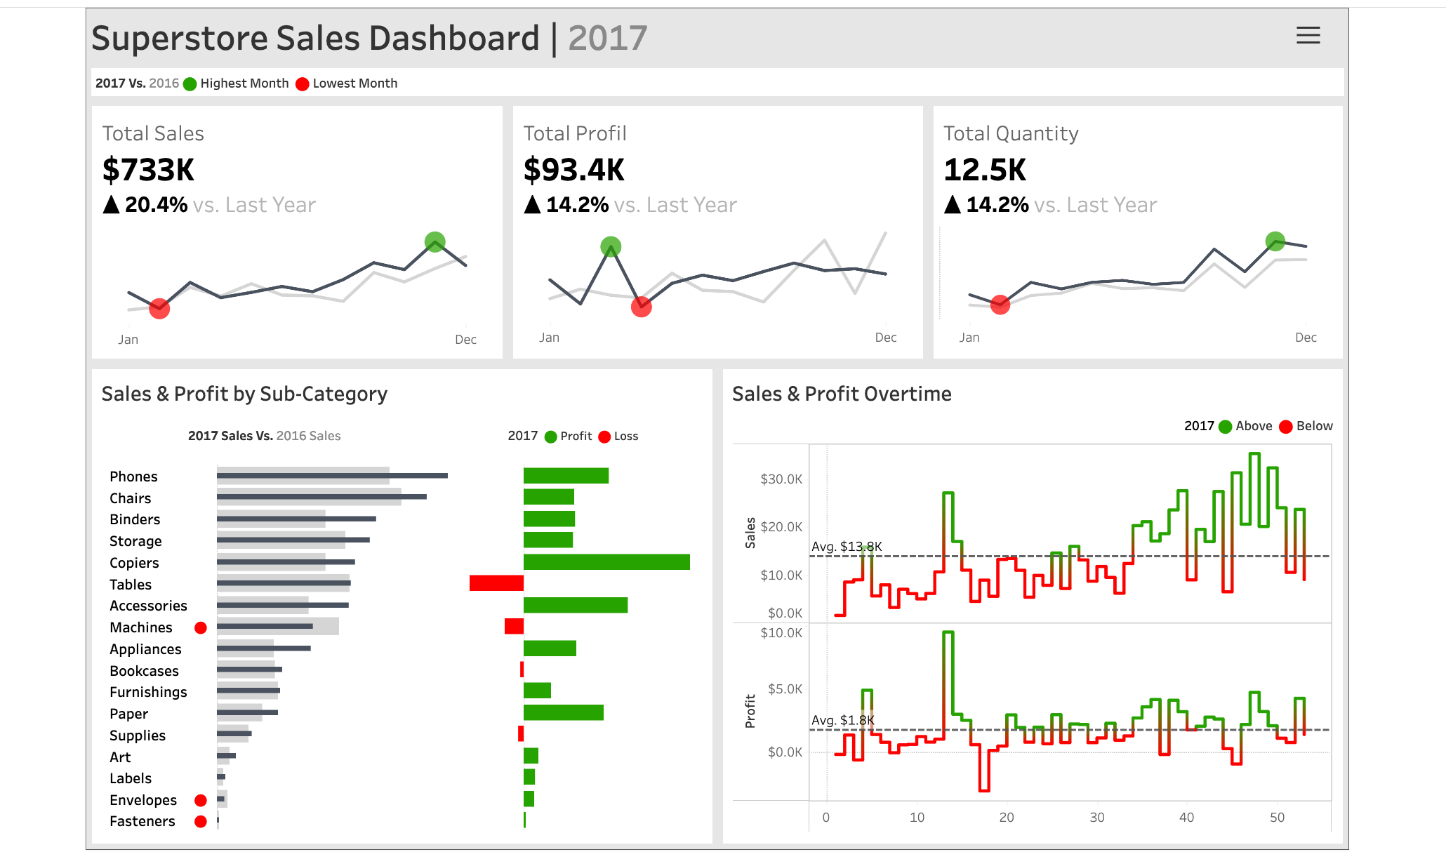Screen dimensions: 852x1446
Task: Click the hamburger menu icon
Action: click(1308, 35)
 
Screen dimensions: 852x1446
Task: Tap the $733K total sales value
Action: click(148, 170)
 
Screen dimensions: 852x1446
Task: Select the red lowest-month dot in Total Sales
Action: click(159, 308)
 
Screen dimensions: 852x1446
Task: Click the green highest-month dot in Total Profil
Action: click(611, 246)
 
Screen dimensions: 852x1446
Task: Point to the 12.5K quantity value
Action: click(984, 170)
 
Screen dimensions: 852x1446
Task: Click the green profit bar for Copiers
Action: click(606, 562)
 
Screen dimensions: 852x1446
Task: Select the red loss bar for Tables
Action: click(496, 583)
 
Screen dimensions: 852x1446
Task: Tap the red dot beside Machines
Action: click(201, 627)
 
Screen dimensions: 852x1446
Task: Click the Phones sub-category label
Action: click(133, 477)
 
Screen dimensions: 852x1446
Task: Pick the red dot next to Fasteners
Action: click(201, 821)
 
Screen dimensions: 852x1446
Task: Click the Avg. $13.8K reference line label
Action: click(847, 547)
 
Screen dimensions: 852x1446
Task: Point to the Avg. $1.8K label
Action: click(842, 720)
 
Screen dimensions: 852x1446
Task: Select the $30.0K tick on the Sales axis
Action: click(781, 479)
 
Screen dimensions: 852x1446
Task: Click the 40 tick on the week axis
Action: click(1186, 817)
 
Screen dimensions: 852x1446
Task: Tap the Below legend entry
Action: click(1313, 426)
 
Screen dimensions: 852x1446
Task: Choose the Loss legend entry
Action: click(625, 437)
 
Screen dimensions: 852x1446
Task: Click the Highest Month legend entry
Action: click(244, 84)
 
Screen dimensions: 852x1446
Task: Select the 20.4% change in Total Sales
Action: click(155, 205)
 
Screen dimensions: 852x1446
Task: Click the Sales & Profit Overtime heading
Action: click(842, 394)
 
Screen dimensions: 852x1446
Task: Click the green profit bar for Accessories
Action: click(576, 605)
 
